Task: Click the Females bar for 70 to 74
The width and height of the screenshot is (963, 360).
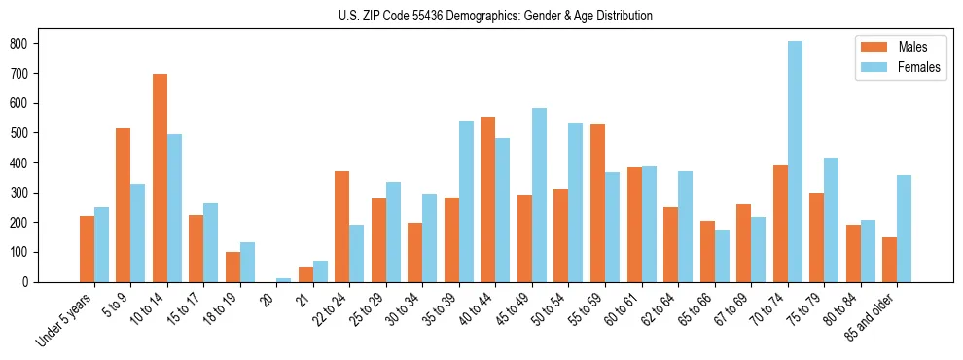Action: (x=795, y=162)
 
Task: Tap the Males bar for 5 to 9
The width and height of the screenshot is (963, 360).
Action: (x=124, y=205)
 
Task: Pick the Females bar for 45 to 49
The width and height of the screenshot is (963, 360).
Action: (x=540, y=195)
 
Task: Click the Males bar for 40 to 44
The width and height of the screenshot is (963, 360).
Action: (x=488, y=199)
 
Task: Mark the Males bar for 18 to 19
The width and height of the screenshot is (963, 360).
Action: (x=232, y=267)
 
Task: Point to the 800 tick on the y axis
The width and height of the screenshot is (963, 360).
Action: (x=37, y=44)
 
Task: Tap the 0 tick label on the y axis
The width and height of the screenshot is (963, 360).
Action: (x=28, y=282)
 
